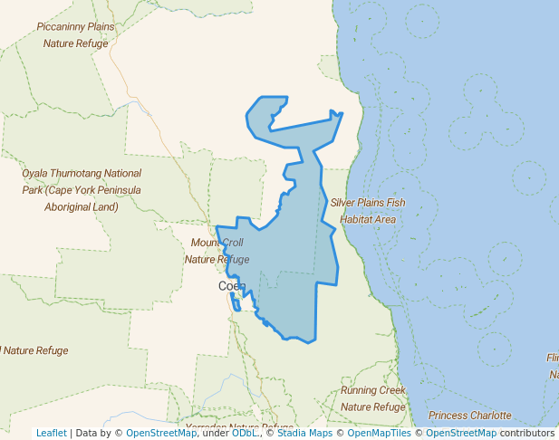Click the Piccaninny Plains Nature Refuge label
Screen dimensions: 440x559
pos(76,34)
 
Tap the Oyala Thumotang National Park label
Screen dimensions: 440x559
pos(82,189)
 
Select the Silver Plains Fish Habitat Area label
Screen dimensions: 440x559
pos(368,211)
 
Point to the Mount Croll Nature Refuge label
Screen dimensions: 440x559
pos(217,251)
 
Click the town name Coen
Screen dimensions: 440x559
pos(232,286)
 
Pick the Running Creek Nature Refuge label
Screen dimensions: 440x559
pos(373,398)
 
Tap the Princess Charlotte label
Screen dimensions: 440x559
pos(469,416)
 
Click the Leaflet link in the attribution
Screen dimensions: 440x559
pos(51,433)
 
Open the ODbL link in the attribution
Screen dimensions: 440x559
pos(244,433)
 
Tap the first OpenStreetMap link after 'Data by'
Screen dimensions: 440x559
pos(160,433)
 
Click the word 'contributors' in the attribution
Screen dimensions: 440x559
pos(527,433)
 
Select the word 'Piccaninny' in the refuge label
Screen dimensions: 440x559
pos(63,26)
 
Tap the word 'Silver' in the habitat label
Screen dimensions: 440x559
pos(346,203)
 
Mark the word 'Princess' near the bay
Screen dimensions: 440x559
pos(449,416)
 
